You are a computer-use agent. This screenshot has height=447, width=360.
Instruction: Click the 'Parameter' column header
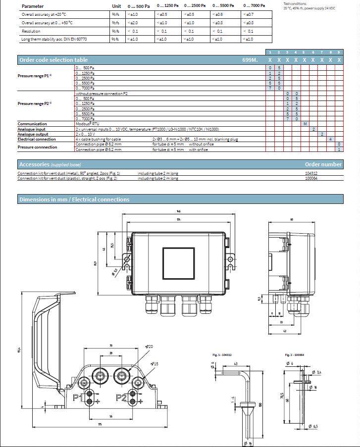33,6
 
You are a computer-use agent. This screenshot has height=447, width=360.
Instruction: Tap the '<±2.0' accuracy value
133,23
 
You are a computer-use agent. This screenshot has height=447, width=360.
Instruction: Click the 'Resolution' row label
31,31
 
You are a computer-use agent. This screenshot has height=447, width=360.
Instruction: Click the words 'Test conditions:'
295,3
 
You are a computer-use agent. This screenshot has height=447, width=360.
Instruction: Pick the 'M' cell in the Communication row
305,124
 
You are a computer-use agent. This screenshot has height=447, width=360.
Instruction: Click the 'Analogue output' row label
33,134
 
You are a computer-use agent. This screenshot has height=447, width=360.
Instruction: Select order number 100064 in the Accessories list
312,178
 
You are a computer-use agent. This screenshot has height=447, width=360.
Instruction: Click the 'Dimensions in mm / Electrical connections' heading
74,199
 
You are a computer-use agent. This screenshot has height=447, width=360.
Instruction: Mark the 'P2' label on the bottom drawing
122,397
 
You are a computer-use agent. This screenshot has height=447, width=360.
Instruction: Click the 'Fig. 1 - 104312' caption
222,355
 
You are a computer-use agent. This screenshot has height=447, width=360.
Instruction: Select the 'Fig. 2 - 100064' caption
294,355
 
